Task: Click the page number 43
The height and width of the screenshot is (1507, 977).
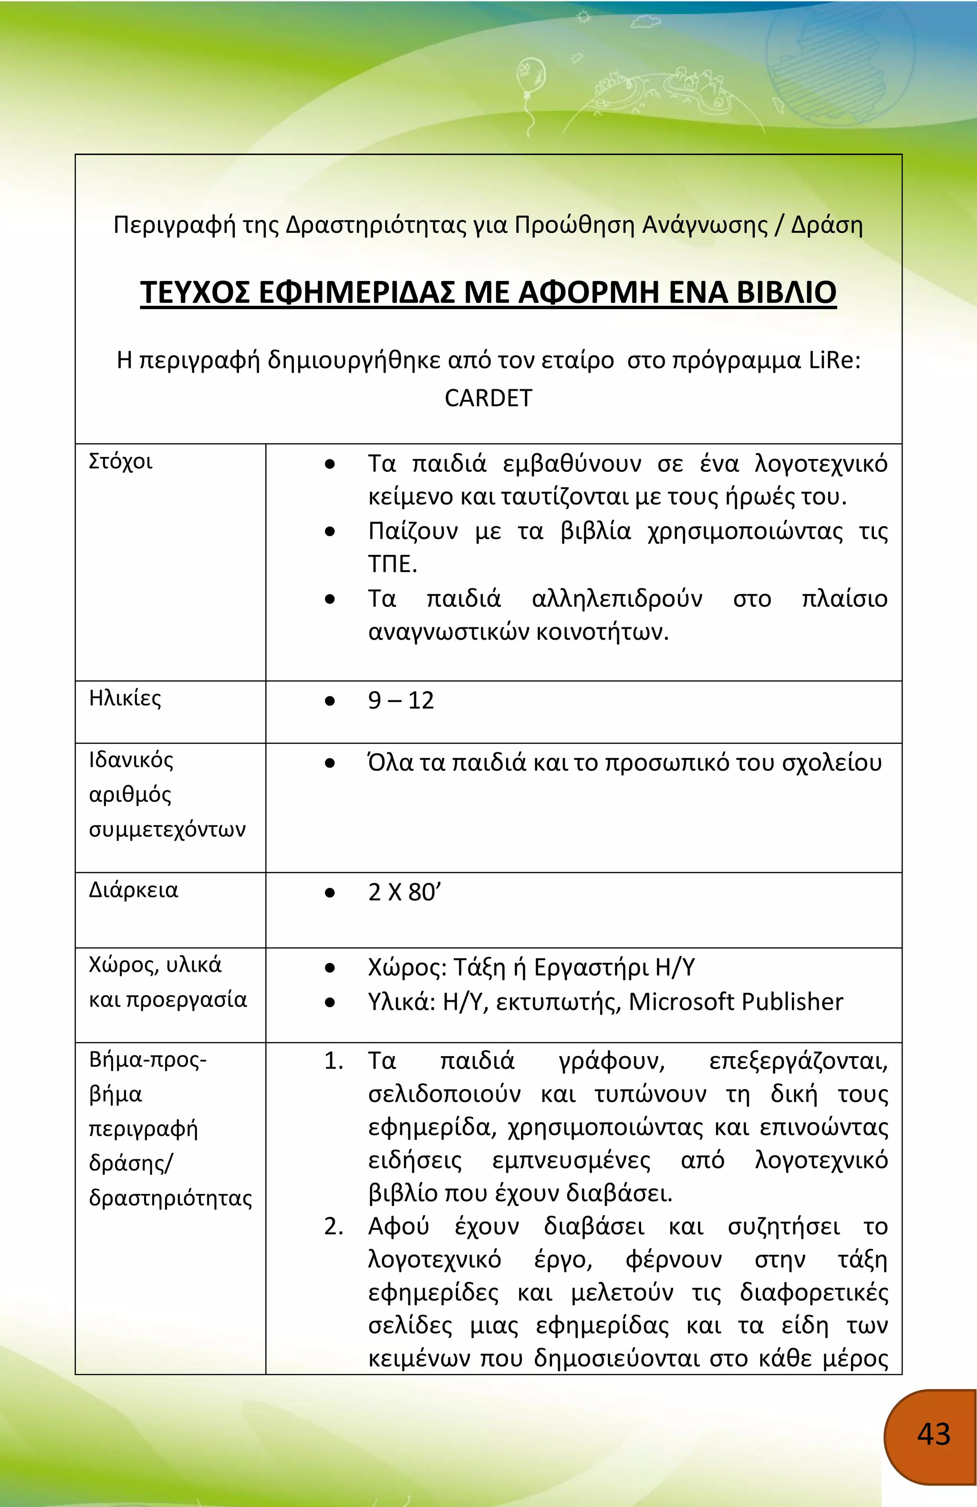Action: point(933,1434)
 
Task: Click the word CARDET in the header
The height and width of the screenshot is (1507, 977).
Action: point(488,398)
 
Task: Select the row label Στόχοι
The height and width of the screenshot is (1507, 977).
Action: point(120,461)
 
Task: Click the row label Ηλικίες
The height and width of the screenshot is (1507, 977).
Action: point(125,698)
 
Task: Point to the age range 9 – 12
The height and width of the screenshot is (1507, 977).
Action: point(401,700)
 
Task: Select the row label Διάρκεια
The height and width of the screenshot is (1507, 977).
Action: point(133,890)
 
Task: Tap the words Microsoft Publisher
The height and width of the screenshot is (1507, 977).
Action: point(736,1002)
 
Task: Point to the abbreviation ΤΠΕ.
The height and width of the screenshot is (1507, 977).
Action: point(392,563)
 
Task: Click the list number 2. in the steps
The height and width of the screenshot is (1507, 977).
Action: point(333,1226)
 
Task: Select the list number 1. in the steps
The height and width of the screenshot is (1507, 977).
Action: point(333,1060)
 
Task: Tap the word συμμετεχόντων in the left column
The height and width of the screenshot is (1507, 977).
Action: point(167,829)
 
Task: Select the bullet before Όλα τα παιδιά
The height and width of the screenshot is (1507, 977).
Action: point(329,764)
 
